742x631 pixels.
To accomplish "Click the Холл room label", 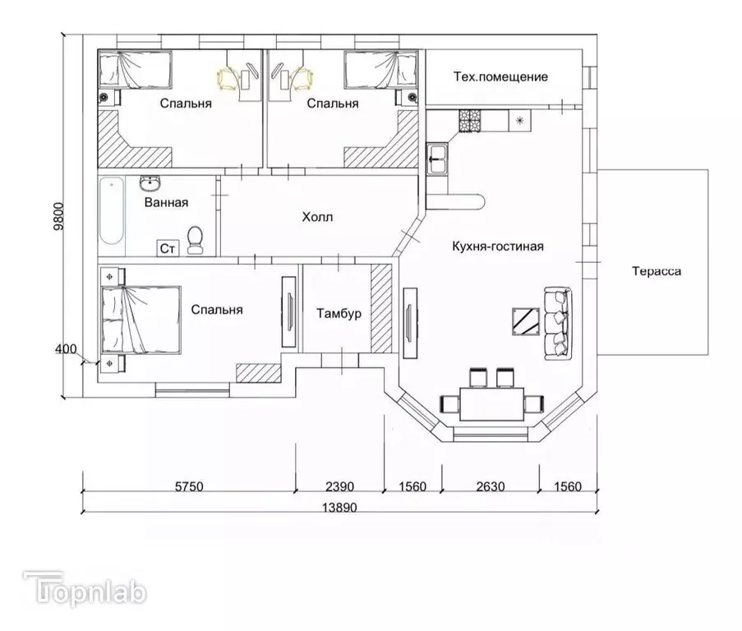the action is click(317, 217).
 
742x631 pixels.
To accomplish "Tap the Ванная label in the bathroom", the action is click(166, 202).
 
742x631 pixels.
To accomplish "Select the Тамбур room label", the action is click(339, 314).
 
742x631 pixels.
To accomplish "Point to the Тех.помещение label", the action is click(500, 76).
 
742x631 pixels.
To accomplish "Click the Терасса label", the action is click(657, 271).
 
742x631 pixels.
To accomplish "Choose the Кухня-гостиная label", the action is click(498, 246).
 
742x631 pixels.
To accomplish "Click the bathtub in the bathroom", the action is click(112, 210).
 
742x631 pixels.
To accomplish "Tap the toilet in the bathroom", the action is click(195, 239).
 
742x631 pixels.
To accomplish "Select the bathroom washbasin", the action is click(150, 182).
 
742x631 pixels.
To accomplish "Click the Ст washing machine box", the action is click(168, 248).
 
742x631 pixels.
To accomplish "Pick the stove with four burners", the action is click(469, 120).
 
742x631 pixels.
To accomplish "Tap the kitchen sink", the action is click(437, 159).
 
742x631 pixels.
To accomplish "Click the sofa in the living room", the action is click(558, 324).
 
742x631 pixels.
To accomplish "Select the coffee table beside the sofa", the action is click(526, 321).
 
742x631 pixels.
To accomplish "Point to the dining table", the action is click(492, 403).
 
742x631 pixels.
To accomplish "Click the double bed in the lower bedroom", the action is click(141, 320).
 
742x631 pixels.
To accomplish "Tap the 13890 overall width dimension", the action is click(339, 508).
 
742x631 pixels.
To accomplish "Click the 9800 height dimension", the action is click(58, 216).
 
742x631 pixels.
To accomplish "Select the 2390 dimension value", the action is click(339, 486).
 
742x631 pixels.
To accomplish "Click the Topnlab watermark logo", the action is click(85, 589).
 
